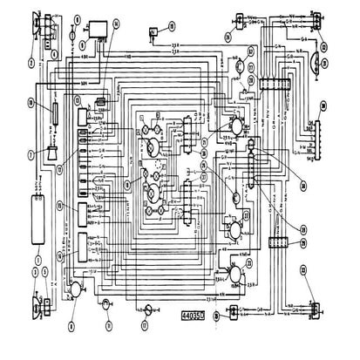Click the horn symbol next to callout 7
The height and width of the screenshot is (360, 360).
coord(52,153)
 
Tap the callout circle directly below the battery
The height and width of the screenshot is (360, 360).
coord(37,260)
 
